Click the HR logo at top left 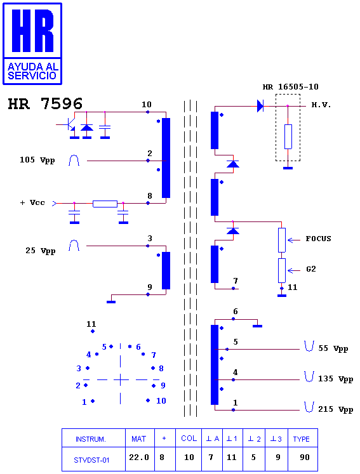(32, 44)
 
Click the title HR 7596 (45, 103)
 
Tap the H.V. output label (321, 105)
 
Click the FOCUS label (318, 239)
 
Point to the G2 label (311, 269)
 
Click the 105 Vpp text (37, 160)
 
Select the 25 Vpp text (40, 251)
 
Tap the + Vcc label (32, 202)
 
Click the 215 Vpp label (335, 409)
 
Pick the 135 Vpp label (335, 379)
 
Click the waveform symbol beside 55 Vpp (309, 346)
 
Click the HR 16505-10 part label (290, 87)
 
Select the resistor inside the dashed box (288, 136)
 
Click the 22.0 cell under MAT (139, 458)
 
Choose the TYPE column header (302, 439)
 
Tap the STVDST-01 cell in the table (91, 460)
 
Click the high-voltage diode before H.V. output (260, 106)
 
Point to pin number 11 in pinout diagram (91, 324)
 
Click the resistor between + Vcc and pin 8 (105, 204)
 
